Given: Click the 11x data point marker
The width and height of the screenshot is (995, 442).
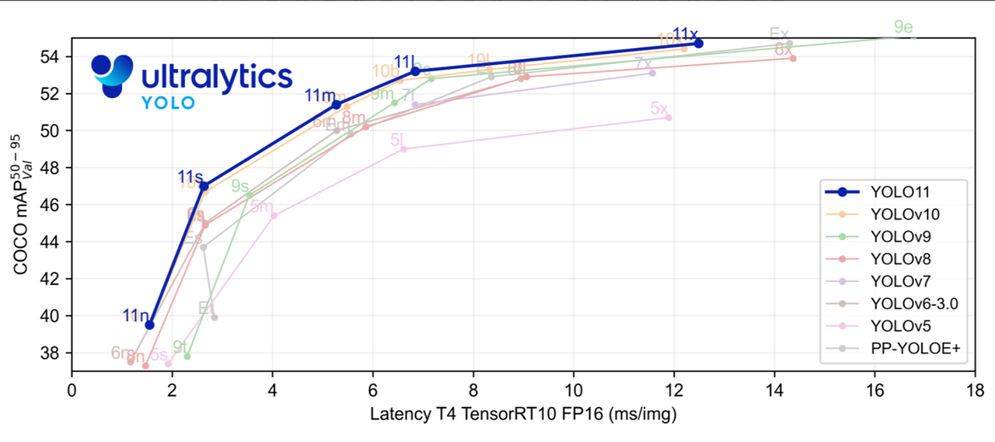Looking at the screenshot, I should pos(699,44).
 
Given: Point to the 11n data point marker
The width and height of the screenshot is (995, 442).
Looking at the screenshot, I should pos(150,325).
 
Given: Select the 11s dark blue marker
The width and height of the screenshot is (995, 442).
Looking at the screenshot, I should pos(204,186).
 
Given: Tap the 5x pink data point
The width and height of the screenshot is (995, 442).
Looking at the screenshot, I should pos(669,117).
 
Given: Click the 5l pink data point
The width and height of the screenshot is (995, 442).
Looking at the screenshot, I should pos(403,148).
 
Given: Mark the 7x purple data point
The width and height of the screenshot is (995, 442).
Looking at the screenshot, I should pos(652,73).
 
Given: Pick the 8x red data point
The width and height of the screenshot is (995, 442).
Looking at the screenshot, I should pos(793,58).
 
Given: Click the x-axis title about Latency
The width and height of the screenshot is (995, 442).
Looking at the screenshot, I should pos(523,415).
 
